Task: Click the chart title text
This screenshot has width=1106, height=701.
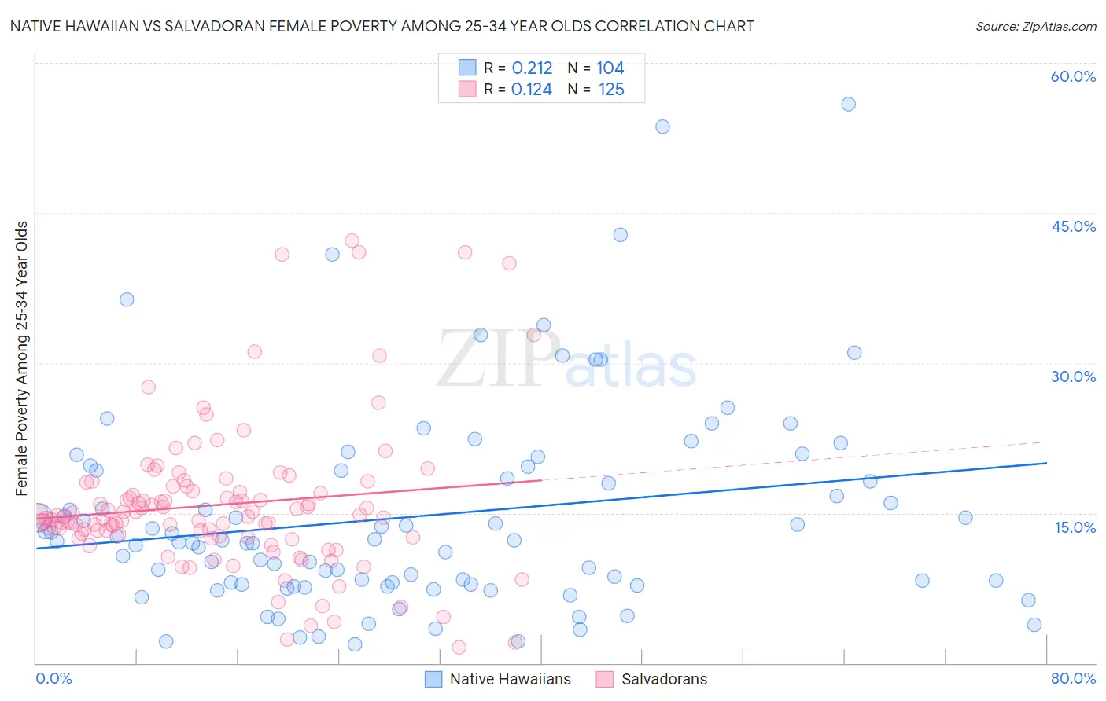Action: click(x=382, y=26)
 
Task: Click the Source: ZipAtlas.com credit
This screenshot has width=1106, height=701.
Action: click(x=1035, y=26)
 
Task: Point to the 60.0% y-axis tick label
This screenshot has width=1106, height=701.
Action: click(x=1073, y=76)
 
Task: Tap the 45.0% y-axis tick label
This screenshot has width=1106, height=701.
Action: click(x=1073, y=226)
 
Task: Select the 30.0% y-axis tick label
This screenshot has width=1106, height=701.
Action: click(x=1073, y=376)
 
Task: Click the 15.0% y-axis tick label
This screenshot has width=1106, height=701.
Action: click(x=1075, y=527)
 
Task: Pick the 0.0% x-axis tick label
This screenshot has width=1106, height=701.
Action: click(x=53, y=678)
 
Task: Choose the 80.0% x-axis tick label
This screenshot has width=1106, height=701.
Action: click(x=1073, y=678)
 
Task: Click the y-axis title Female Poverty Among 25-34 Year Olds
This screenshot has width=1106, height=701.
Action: click(x=22, y=358)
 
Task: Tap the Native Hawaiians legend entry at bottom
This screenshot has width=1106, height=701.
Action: click(x=498, y=679)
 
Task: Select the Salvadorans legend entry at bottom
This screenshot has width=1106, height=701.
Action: click(x=652, y=679)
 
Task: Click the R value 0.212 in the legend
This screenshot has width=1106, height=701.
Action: click(x=532, y=68)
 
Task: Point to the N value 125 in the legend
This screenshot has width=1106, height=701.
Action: click(x=611, y=90)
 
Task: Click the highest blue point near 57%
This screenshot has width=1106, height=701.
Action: click(x=848, y=105)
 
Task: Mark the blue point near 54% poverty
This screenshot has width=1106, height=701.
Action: click(x=662, y=127)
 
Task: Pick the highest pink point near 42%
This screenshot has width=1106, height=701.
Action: click(x=352, y=241)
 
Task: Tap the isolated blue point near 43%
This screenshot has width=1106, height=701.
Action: click(x=620, y=235)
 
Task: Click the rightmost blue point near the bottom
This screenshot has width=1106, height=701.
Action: click(x=1034, y=625)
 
